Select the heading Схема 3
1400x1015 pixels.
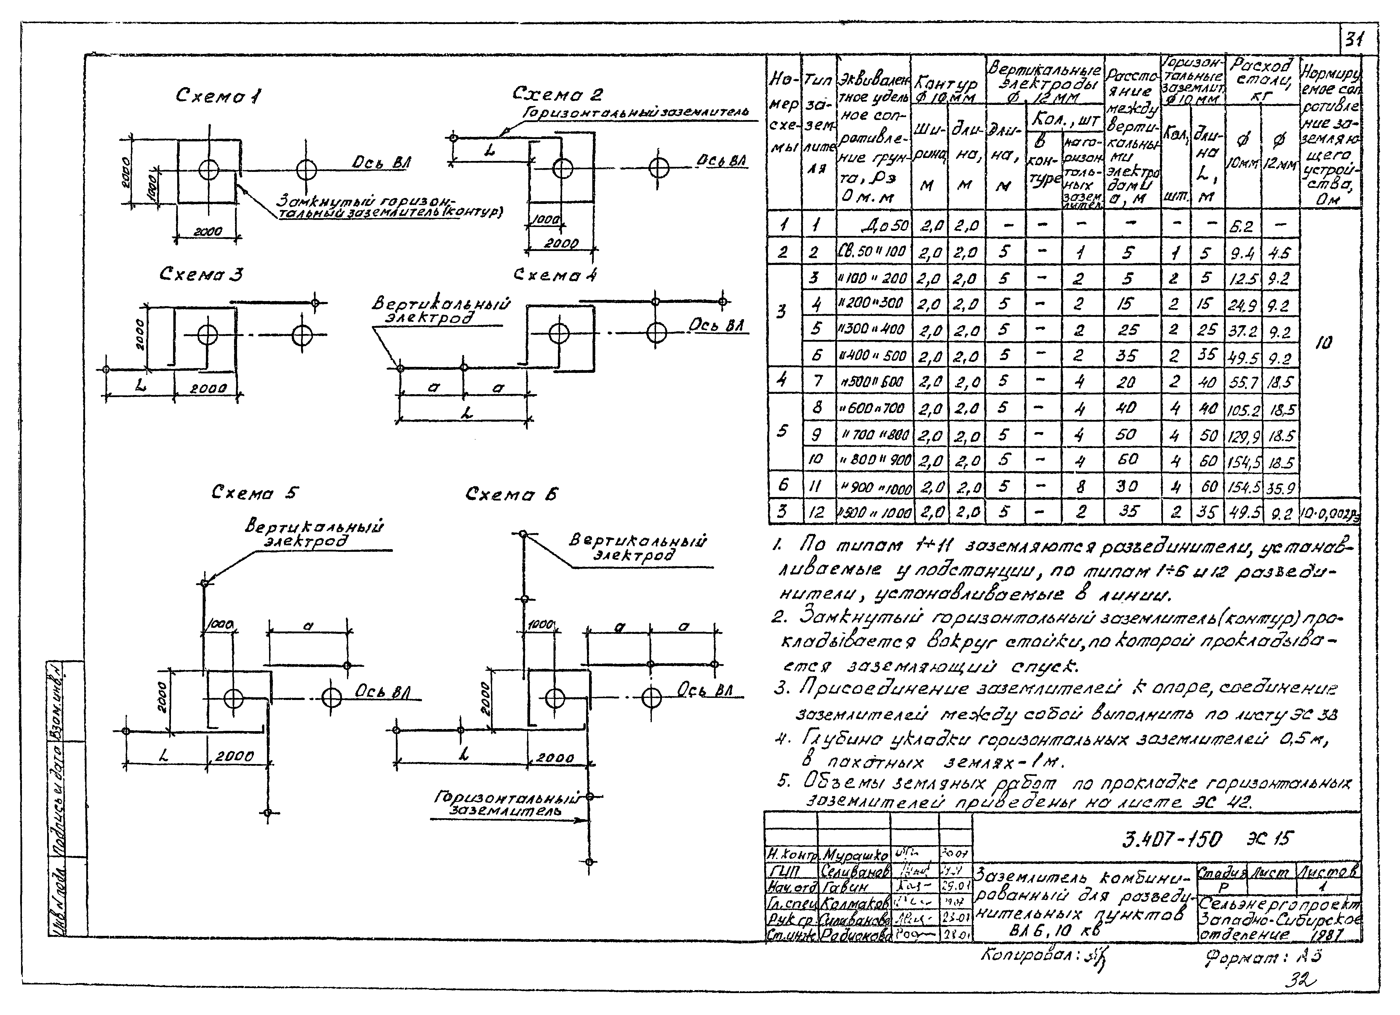coord(201,274)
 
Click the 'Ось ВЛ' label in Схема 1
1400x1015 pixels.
coord(382,162)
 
